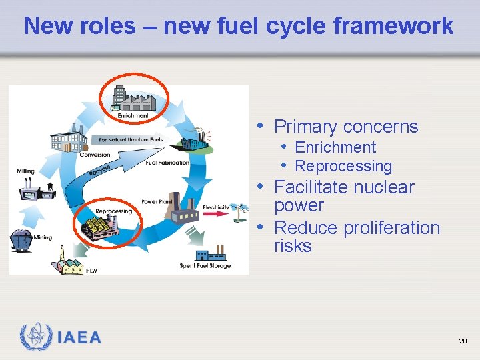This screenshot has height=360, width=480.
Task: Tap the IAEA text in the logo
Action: point(79,337)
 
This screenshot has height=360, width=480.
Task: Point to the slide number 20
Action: point(463,341)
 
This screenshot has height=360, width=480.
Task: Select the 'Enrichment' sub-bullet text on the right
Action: point(335,147)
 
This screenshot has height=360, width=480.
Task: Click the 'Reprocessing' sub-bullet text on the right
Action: point(343,166)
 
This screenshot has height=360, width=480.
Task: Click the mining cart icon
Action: point(21,239)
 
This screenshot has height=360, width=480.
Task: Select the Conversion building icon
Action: point(69,139)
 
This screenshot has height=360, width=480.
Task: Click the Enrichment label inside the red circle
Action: point(133,115)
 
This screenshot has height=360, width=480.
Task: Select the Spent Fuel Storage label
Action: point(205,266)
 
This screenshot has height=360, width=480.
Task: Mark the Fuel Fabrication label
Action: point(167,163)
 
